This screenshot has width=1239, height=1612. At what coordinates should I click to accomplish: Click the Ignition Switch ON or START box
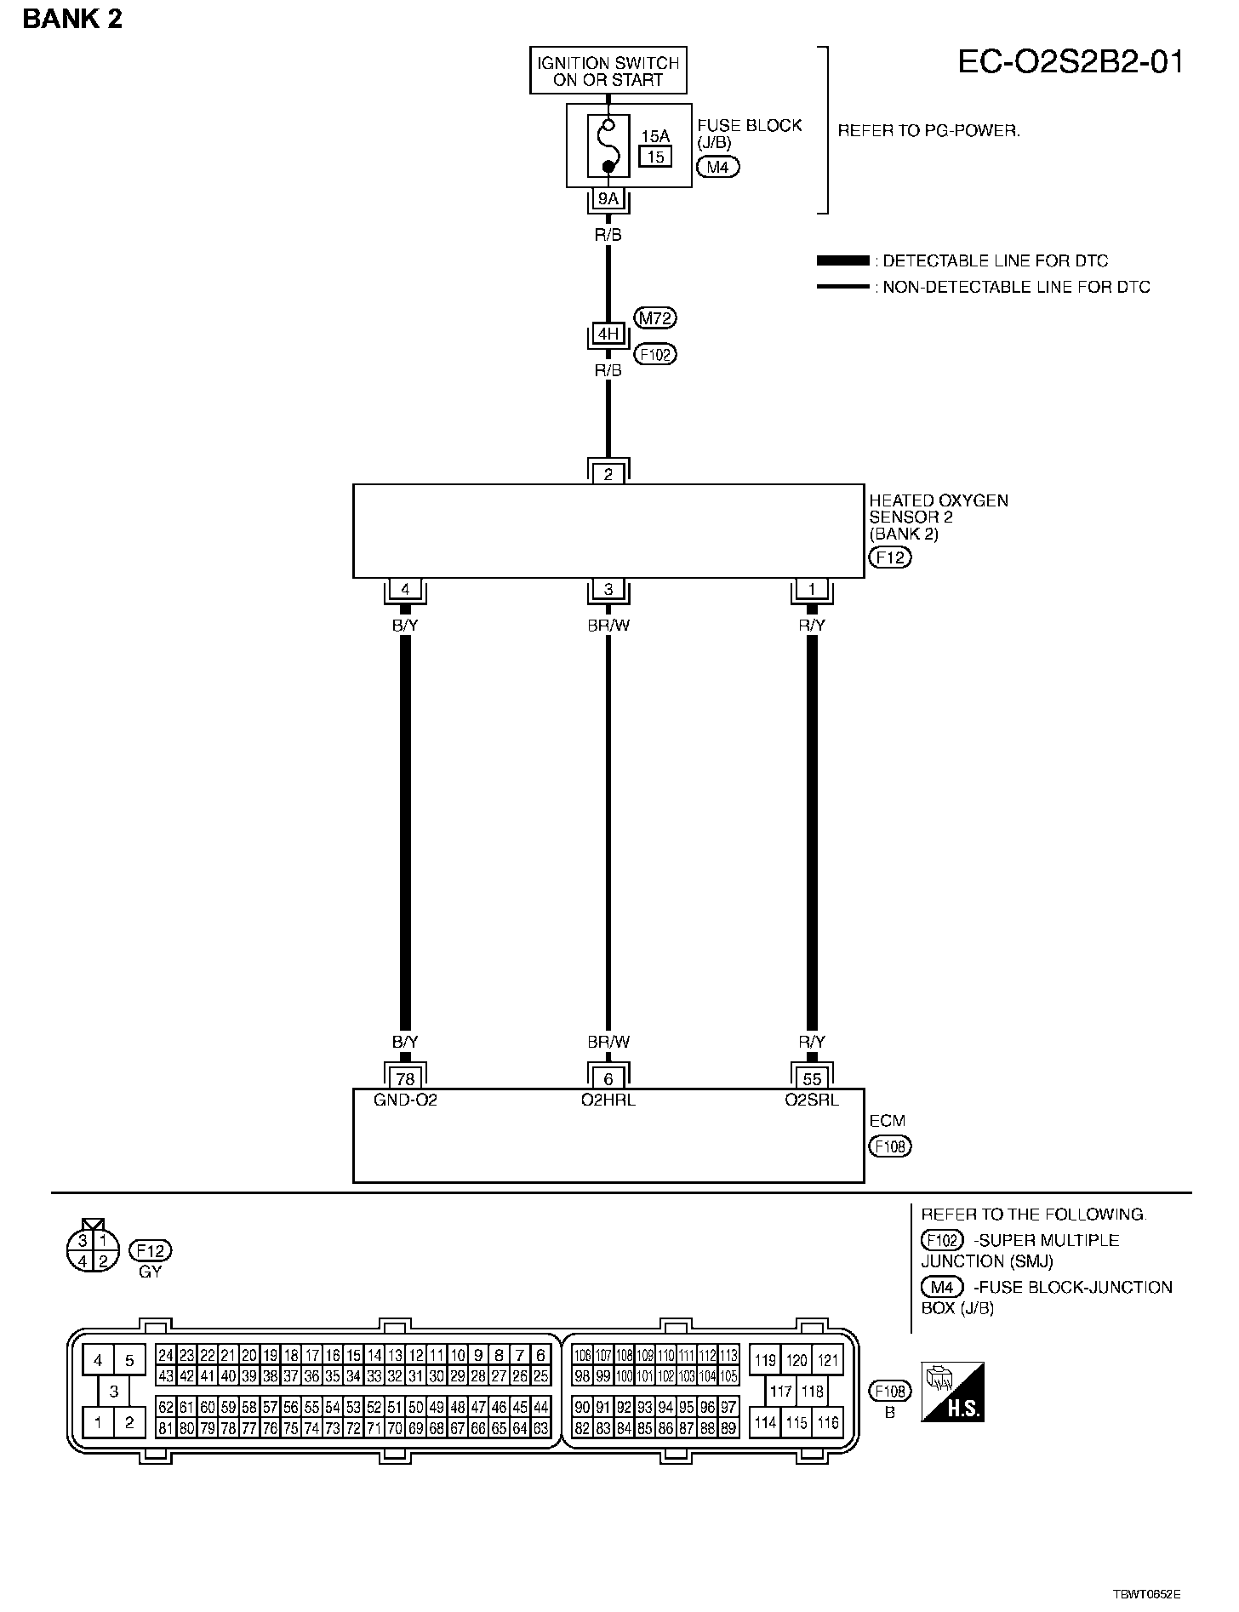click(608, 71)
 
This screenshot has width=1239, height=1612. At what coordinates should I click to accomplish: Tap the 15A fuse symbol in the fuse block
click(608, 144)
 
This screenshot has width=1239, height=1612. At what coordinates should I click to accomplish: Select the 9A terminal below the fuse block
click(608, 199)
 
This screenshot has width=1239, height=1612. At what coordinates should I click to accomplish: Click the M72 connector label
click(655, 318)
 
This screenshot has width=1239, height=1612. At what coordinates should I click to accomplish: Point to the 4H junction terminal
click(608, 334)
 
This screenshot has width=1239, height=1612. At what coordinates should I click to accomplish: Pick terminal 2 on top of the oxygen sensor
click(608, 474)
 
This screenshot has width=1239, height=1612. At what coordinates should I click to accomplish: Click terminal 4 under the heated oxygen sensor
click(405, 589)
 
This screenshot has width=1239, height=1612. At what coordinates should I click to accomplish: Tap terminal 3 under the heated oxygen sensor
click(608, 589)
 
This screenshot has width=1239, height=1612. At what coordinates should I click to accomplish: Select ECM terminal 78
click(405, 1079)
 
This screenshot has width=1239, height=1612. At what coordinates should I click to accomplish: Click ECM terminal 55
click(812, 1079)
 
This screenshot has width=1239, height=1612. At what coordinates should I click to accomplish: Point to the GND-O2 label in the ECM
click(405, 1100)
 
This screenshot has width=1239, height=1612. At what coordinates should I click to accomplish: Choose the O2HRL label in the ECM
click(608, 1100)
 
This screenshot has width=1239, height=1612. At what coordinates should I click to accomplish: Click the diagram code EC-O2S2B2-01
click(1071, 62)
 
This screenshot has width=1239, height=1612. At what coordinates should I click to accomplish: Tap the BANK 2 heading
click(72, 19)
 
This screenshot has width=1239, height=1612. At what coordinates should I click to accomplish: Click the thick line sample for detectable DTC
click(842, 260)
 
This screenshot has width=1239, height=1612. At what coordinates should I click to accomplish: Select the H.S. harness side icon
click(953, 1392)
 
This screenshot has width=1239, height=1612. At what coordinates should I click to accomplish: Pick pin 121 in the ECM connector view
click(827, 1360)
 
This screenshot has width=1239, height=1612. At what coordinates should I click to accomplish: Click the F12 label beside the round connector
click(150, 1250)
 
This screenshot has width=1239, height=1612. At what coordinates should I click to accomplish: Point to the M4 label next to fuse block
click(717, 167)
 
